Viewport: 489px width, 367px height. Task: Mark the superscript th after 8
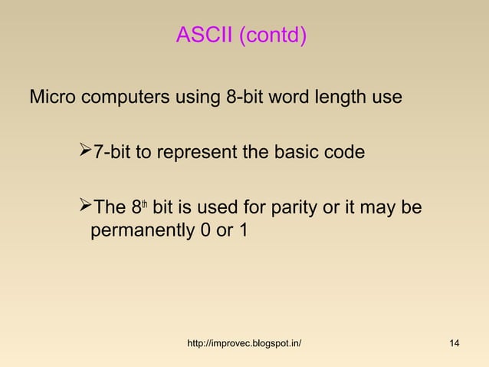[x=143, y=204]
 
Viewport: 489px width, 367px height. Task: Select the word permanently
[x=137, y=230]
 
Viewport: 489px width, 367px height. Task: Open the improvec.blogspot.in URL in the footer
[x=244, y=342]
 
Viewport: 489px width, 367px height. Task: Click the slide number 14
[x=454, y=342]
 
